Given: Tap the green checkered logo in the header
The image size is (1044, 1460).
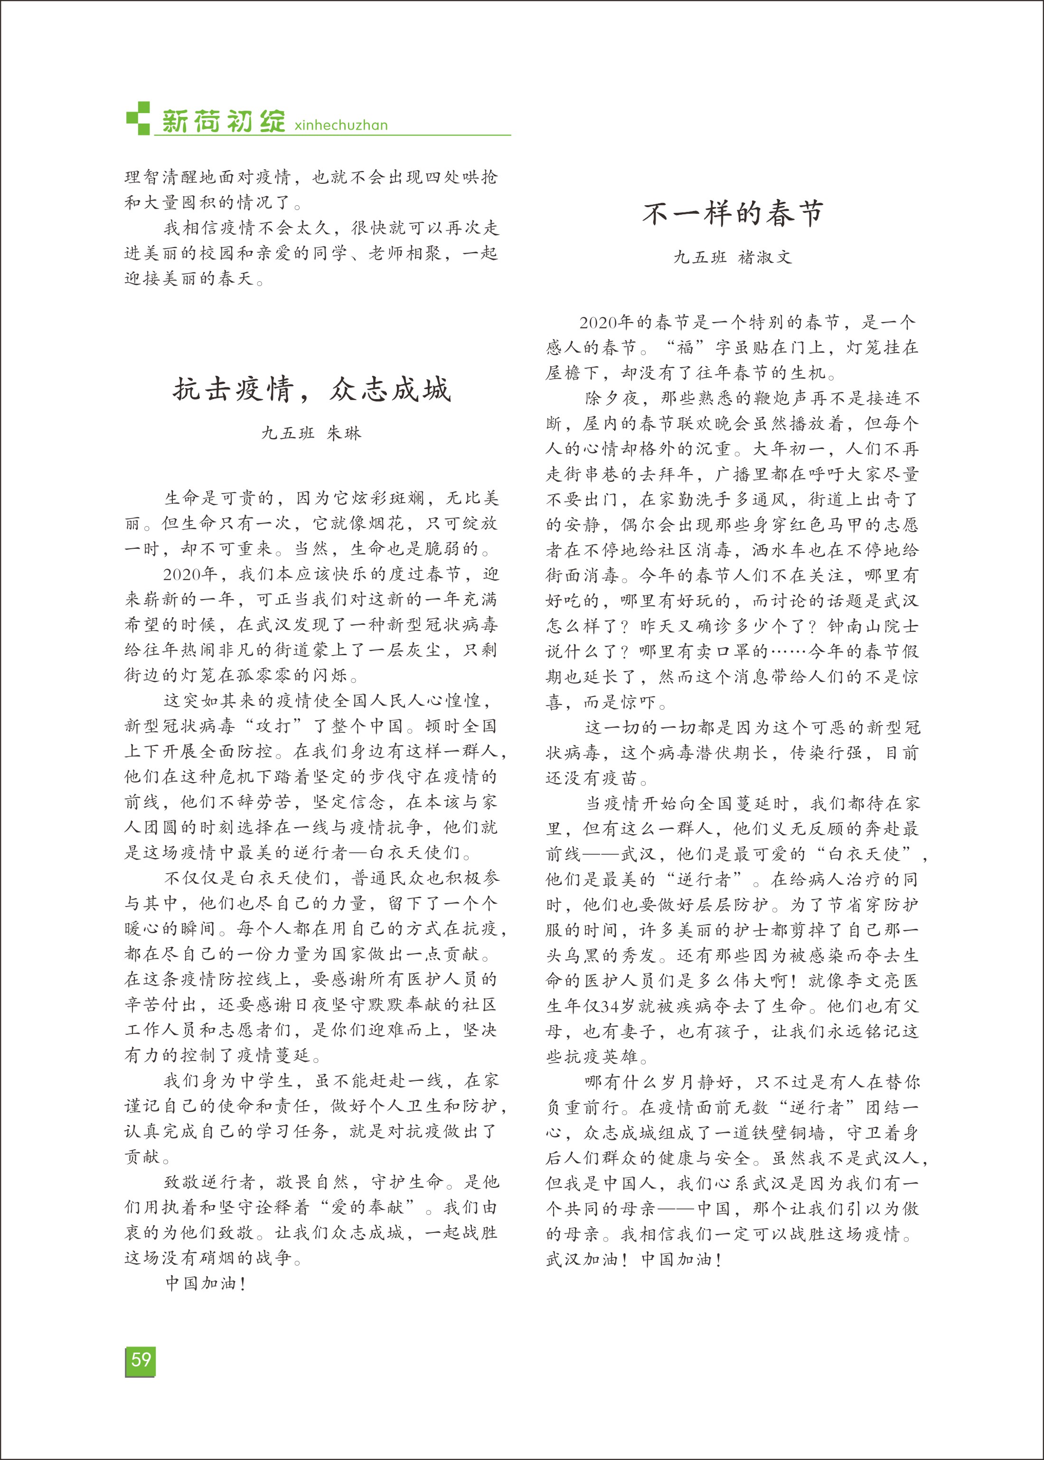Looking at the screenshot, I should pos(138,118).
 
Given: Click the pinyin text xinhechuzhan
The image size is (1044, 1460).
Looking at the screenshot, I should pos(341,125).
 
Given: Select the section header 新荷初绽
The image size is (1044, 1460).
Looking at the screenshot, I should pos(223,121).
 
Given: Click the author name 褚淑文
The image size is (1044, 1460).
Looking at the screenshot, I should pos(765,257).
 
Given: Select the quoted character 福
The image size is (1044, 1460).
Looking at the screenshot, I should pos(685,348).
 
